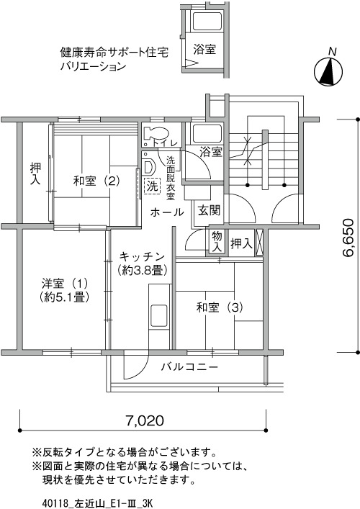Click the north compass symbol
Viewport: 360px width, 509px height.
(328, 71)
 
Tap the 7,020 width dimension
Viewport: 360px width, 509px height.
(145, 420)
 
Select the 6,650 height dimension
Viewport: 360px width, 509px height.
(348, 238)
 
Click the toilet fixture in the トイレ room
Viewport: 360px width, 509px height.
(156, 133)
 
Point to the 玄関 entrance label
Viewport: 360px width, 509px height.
(210, 210)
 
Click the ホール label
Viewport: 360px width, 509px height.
(167, 212)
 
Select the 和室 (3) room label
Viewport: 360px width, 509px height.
(220, 307)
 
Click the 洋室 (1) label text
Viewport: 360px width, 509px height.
(65, 284)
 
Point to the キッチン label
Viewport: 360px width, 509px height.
(142, 257)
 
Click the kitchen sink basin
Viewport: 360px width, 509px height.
(159, 316)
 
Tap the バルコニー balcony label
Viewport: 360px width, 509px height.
(190, 367)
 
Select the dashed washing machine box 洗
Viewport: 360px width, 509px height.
(152, 186)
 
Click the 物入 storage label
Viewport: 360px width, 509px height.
(217, 242)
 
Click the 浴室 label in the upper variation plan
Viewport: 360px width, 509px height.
(204, 50)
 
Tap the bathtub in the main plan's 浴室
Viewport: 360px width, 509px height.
(207, 133)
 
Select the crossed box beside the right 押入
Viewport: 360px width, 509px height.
(259, 243)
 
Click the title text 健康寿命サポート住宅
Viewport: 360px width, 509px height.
(114, 52)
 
